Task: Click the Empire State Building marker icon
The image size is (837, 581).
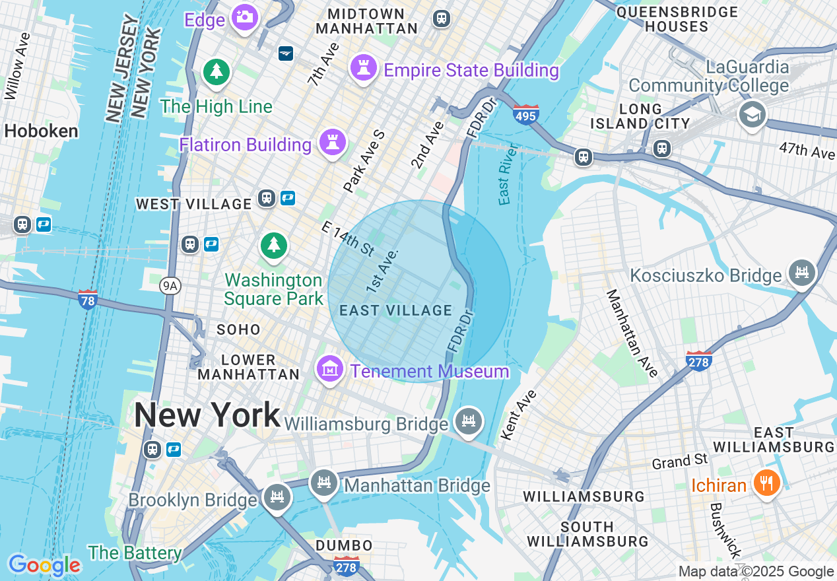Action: [363, 68]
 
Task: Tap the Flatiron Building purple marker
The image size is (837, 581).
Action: [333, 143]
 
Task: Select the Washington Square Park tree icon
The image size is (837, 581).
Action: [273, 246]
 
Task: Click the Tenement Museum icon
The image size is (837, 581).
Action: [329, 368]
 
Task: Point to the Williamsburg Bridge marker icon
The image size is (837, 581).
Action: [469, 421]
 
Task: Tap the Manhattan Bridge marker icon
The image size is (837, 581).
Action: [323, 483]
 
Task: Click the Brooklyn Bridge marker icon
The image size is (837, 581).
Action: [277, 497]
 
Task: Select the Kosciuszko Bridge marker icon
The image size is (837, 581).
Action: [802, 273]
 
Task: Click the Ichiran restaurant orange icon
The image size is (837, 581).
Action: [766, 483]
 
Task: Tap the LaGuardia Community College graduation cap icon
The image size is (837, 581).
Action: [752, 114]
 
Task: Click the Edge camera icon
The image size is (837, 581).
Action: [245, 17]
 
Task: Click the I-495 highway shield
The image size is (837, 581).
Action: [525, 115]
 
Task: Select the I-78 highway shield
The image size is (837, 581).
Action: [87, 299]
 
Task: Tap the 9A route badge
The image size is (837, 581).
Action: [170, 285]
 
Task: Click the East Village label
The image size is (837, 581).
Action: [395, 310]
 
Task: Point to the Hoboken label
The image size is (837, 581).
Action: [41, 131]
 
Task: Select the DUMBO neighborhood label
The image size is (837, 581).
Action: [344, 545]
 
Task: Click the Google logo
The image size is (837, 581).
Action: [44, 565]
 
